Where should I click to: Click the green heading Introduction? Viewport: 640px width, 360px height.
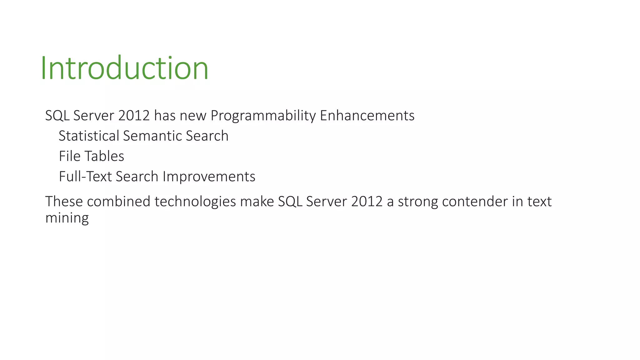[124, 68]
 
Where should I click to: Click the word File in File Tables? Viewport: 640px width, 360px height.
[70, 156]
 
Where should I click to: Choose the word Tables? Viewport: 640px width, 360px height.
[104, 156]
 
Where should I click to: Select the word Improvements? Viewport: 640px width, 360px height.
[209, 177]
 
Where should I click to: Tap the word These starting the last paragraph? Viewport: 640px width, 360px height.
[64, 202]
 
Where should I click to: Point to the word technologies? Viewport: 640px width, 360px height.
[195, 202]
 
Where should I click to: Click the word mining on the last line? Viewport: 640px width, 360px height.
[67, 218]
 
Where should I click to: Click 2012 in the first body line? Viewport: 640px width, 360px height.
[134, 116]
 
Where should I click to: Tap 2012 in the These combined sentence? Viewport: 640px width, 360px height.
[367, 202]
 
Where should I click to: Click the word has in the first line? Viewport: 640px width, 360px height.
[165, 116]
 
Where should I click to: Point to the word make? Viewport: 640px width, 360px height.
[257, 202]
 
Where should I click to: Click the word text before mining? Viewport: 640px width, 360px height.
[539, 202]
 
